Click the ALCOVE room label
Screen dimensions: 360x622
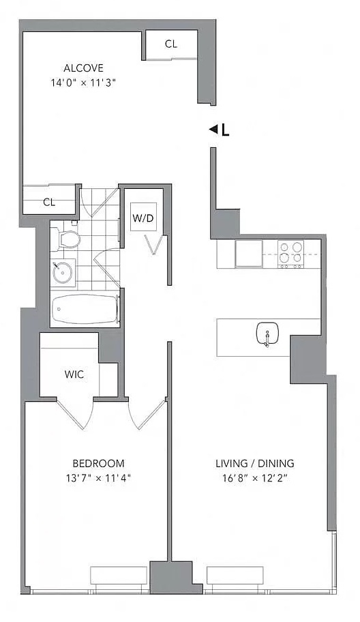click(x=83, y=68)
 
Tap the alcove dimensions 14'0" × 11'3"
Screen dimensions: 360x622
click(x=83, y=83)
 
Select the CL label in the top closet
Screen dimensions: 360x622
click(x=171, y=44)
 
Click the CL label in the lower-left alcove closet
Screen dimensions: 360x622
click(x=49, y=203)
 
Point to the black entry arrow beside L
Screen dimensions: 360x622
click(x=213, y=129)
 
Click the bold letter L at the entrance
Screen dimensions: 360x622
click(x=225, y=130)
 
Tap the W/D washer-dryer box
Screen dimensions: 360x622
click(x=144, y=217)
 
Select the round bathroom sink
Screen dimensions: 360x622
click(x=62, y=271)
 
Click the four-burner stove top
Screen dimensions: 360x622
click(x=290, y=254)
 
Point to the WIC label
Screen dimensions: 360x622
click(x=74, y=374)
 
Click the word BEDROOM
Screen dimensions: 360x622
click(x=98, y=463)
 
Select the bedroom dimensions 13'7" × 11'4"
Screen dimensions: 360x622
click(x=98, y=477)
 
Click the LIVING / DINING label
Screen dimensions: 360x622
click(x=255, y=463)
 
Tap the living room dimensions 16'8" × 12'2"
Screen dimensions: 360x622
click(x=255, y=477)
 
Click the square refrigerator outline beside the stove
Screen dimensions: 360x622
click(x=249, y=254)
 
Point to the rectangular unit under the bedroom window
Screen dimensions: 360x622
click(x=119, y=576)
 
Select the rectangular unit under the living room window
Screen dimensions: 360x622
click(x=235, y=576)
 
